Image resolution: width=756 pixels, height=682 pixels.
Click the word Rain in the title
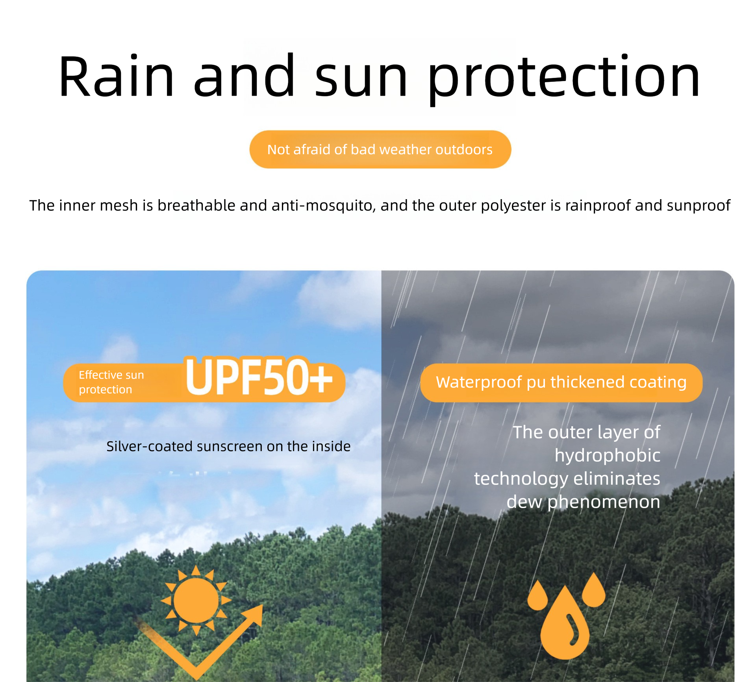[x=117, y=76]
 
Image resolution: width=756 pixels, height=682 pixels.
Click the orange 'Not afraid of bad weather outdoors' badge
[x=380, y=150]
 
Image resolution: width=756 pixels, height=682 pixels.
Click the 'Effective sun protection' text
[x=111, y=382]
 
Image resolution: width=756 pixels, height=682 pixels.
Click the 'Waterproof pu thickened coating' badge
[x=561, y=383]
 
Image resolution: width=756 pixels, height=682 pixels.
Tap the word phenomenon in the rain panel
[x=604, y=502]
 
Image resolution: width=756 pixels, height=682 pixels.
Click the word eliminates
[x=617, y=479]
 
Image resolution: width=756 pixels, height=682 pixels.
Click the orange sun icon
[x=196, y=601]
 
